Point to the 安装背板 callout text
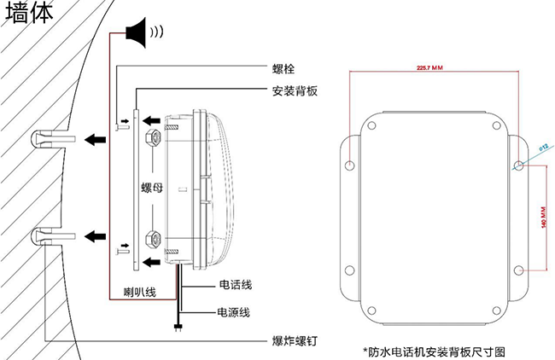[295, 90]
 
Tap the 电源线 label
[233, 313]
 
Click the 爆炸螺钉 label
[295, 340]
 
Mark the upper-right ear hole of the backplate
[520, 164]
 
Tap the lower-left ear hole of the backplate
[348, 271]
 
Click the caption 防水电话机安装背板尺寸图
[434, 351]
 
